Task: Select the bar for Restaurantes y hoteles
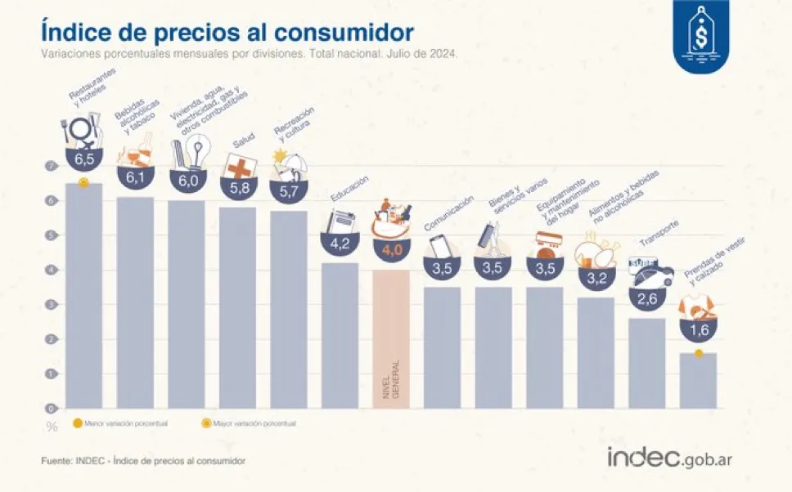[x=83, y=294]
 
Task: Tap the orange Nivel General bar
[x=390, y=339]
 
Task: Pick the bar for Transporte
[x=647, y=363]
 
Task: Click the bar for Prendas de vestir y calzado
[x=698, y=381]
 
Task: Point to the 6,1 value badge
[x=135, y=177]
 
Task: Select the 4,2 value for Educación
[x=340, y=243]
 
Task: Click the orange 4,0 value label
[x=390, y=250]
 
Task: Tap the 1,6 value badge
[x=698, y=330]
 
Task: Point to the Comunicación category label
[x=448, y=213]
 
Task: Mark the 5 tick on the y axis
[x=51, y=235]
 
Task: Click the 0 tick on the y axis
[x=51, y=408]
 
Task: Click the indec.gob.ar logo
[x=666, y=458]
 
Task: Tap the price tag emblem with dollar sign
[x=700, y=35]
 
